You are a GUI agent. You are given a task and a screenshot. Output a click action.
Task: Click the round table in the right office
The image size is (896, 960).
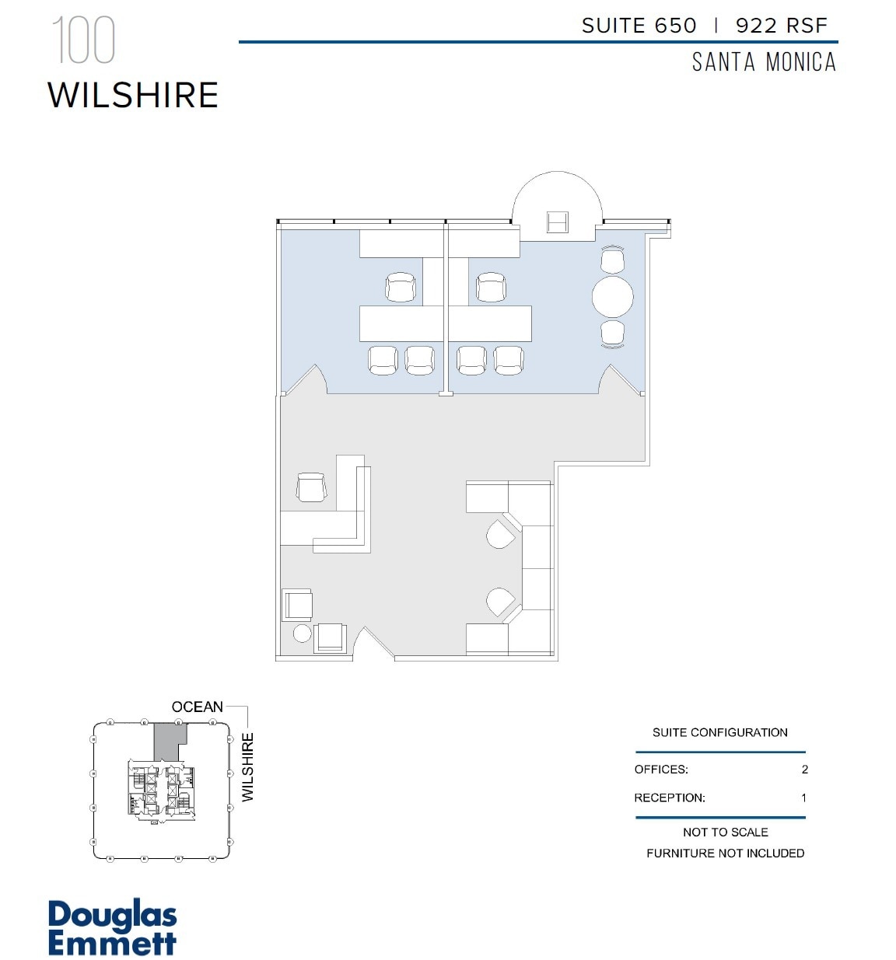(x=612, y=296)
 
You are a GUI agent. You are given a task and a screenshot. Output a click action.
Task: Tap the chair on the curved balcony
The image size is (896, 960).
(x=557, y=222)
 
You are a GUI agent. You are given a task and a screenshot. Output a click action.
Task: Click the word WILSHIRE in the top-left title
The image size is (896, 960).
(x=133, y=96)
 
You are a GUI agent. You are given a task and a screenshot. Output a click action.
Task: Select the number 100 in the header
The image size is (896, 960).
(x=83, y=40)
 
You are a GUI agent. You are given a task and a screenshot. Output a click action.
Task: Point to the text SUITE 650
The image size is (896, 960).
(x=639, y=26)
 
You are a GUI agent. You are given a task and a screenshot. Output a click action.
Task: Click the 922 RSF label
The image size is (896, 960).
(x=781, y=26)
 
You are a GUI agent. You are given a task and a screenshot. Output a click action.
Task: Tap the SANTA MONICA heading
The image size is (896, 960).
(x=764, y=62)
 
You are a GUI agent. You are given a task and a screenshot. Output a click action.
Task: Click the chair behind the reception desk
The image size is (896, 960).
(x=311, y=487)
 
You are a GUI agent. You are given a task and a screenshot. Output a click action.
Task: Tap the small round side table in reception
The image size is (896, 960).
(x=302, y=633)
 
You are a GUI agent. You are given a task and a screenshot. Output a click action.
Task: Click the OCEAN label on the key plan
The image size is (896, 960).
(x=197, y=707)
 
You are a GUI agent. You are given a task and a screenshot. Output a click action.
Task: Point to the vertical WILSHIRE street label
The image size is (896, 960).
(x=247, y=767)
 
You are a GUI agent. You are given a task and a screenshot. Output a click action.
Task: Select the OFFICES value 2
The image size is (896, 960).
(x=804, y=770)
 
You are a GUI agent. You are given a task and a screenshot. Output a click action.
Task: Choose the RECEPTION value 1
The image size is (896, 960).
(x=803, y=798)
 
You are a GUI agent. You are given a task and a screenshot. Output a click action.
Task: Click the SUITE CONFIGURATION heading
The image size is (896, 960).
(x=719, y=732)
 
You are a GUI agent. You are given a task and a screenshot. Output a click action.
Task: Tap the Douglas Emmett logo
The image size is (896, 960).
(x=112, y=927)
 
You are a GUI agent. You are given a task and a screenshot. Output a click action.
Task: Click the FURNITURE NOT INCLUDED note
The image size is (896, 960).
(x=725, y=853)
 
